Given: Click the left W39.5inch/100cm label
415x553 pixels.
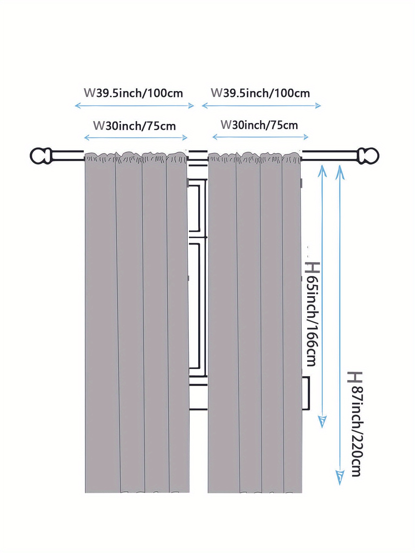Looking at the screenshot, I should pos(133,93).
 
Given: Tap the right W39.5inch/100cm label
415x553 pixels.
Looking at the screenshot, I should pos(260,93).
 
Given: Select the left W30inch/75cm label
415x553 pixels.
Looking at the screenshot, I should pos(134,126).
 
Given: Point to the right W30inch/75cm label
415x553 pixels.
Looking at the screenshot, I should pos(259,125).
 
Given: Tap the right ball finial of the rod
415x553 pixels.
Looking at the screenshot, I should pos(369,156).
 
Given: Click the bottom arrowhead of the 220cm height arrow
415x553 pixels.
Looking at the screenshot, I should pos(340,477).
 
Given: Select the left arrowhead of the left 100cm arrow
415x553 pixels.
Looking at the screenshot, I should pos(77,106).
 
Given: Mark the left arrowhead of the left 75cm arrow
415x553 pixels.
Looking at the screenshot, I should pos(87,138).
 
